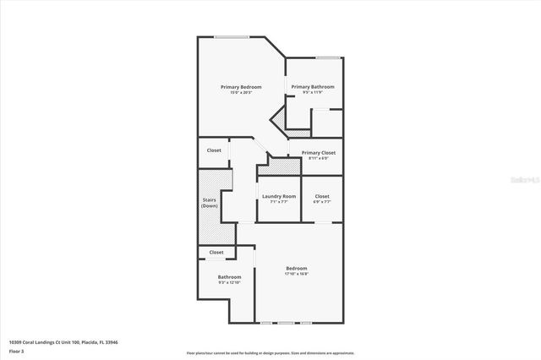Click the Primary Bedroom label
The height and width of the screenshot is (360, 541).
point(241,87)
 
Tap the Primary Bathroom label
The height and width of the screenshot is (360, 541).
point(313,87)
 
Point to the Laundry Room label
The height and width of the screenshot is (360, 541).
point(278,196)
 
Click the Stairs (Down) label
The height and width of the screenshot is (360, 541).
point(210,203)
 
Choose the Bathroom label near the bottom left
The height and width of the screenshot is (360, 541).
point(229,277)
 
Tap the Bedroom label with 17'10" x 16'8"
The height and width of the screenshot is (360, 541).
point(296,268)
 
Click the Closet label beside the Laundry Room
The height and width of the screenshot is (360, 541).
point(321,196)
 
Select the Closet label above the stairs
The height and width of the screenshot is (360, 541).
point(214,150)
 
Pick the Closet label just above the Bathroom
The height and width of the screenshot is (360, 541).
point(216,252)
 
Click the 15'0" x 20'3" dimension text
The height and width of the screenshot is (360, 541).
point(241,92)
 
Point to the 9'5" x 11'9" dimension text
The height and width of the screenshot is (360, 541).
point(313,92)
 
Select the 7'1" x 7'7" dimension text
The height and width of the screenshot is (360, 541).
point(278,201)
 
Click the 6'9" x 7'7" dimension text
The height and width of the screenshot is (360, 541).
point(321,201)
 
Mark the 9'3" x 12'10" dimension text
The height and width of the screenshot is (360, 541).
point(229,282)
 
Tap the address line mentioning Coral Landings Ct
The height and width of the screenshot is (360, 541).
point(63,341)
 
